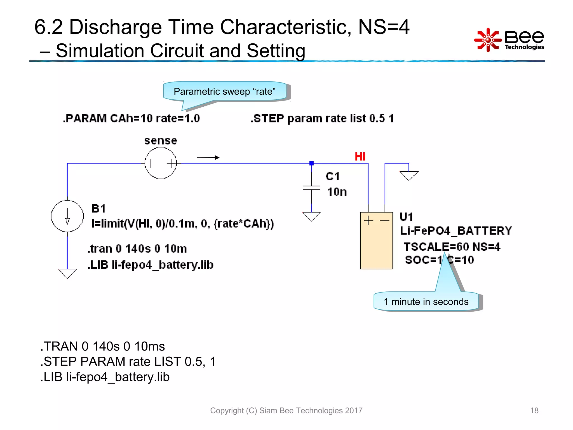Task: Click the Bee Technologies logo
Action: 509,40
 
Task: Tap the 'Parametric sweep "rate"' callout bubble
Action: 225,91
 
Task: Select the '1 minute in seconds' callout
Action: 426,302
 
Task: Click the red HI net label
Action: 360,156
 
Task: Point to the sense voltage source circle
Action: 161,163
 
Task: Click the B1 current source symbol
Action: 67,216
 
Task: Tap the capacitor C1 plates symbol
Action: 311,188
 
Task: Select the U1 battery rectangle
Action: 376,241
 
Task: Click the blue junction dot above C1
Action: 311,163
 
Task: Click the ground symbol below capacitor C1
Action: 311,216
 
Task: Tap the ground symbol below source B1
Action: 67,273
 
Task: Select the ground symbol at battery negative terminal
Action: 409,176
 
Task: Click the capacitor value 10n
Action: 337,192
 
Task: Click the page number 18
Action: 534,410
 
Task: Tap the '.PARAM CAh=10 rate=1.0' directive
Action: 131,118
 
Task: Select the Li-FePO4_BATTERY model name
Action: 456,231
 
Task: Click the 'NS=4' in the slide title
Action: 384,27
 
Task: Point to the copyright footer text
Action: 286,410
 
